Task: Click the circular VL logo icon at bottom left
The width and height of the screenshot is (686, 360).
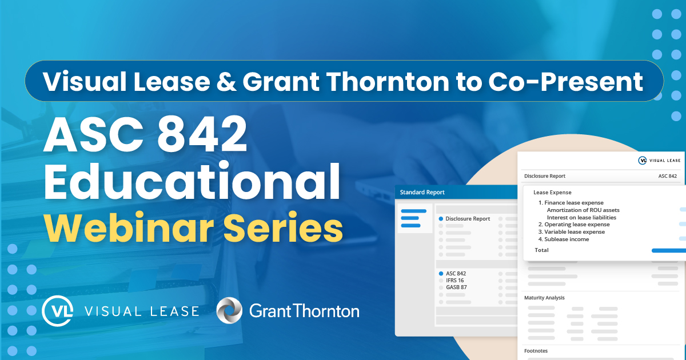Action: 58,311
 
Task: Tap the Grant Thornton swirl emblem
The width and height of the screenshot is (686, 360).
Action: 229,310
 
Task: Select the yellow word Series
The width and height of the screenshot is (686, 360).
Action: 284,228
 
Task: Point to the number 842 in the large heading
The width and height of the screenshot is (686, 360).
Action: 202,134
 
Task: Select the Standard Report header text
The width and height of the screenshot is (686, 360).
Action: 422,192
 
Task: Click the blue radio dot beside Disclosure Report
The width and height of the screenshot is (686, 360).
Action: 441,218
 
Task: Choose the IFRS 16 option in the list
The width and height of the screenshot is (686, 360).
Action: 455,281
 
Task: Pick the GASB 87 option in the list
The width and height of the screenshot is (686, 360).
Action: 456,287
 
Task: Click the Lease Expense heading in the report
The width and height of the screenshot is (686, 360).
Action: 552,193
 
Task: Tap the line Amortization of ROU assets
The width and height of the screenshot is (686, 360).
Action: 583,210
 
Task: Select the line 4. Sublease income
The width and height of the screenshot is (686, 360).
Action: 564,239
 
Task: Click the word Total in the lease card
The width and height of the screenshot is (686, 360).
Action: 541,250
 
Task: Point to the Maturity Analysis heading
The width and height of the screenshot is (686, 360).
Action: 544,298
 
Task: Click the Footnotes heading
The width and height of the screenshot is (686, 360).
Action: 536,351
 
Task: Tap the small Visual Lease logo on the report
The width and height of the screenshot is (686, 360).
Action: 659,161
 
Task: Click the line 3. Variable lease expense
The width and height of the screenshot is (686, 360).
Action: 572,232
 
